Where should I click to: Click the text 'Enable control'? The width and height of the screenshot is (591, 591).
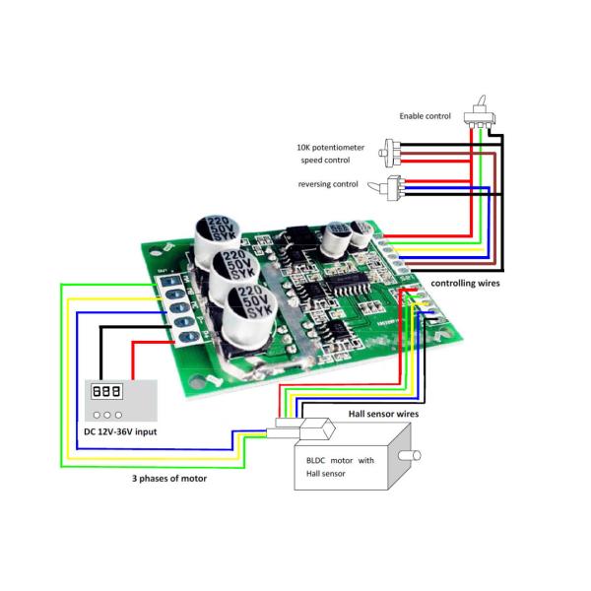click(x=425, y=116)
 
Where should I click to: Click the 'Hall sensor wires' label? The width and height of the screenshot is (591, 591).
click(x=384, y=415)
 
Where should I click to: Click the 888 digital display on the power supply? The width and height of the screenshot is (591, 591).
click(x=105, y=391)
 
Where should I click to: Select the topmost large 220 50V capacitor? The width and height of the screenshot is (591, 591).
click(x=216, y=230)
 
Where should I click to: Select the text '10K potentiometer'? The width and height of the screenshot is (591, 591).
click(x=330, y=147)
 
